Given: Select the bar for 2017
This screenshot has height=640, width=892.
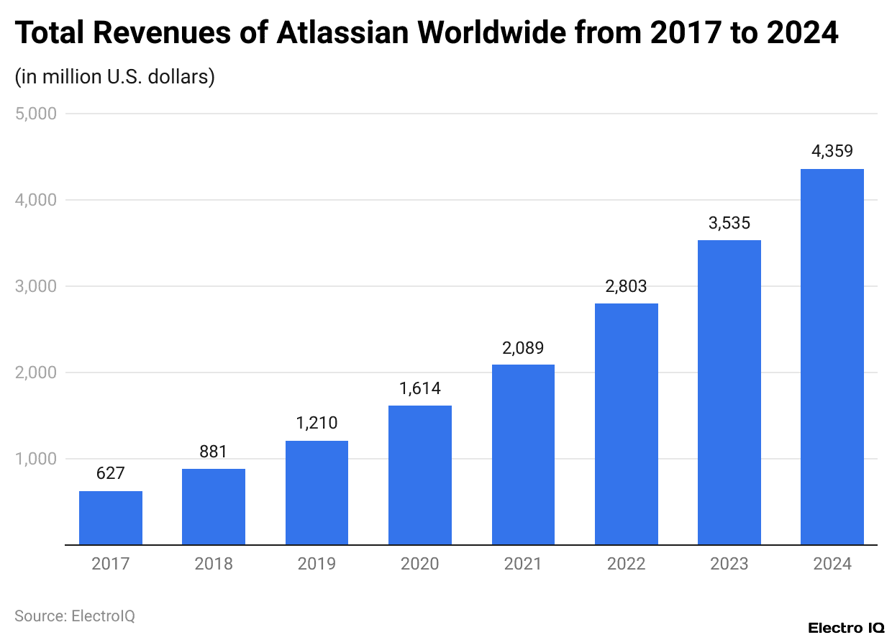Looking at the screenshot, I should tap(111, 518).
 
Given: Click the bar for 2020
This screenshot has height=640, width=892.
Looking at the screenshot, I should tap(420, 475).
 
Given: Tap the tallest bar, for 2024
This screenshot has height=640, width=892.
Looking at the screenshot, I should tap(832, 357).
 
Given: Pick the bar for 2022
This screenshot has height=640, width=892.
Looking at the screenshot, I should tap(627, 424).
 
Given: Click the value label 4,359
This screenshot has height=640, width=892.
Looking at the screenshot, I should tap(832, 152).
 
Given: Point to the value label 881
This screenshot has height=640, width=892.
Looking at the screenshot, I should tap(214, 452).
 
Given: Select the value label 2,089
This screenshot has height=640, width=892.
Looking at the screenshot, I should tap(523, 348).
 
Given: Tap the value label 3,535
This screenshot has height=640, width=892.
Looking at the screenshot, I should tap(729, 223).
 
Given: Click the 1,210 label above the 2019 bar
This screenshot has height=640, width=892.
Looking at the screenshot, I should tap(317, 424).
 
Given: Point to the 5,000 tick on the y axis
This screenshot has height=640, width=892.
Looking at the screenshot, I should tap(35, 114).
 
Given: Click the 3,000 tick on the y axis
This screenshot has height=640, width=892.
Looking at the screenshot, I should tap(35, 286).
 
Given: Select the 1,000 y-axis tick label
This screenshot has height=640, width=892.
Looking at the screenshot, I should tap(35, 459).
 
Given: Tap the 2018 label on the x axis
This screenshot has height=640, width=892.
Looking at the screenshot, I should tap(214, 564).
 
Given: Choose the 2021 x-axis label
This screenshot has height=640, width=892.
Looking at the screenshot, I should tap(523, 564).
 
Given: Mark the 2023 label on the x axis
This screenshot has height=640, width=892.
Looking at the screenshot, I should tap(729, 564).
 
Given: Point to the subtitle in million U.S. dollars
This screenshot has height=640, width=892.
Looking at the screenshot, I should tap(115, 76).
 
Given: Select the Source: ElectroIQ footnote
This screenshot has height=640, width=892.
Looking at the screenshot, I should tap(75, 616).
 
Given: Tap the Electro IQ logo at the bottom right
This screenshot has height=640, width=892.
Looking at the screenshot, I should tap(846, 628).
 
